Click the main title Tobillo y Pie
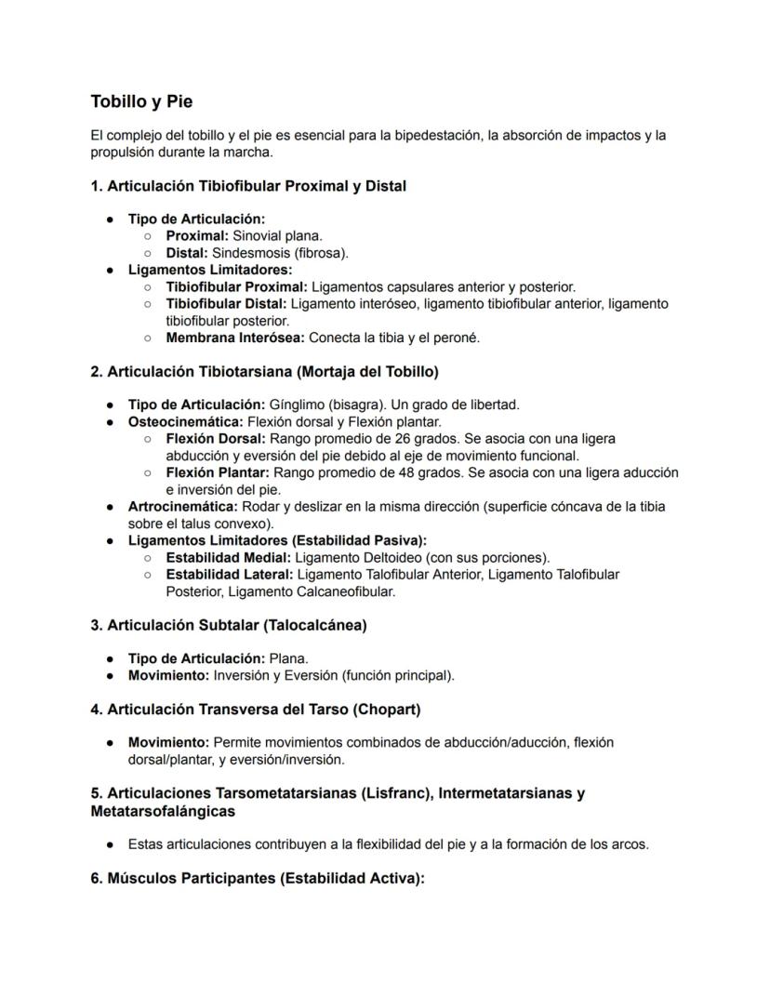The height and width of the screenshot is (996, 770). coord(141,101)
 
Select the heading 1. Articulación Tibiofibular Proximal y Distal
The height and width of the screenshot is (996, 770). coord(248,186)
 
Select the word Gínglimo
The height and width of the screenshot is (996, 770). coord(294,405)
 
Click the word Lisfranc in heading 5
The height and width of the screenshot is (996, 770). coord(397,793)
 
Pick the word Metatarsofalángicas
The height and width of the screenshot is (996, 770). coord(163,812)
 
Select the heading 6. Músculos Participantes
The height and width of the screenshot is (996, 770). coord(258,879)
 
